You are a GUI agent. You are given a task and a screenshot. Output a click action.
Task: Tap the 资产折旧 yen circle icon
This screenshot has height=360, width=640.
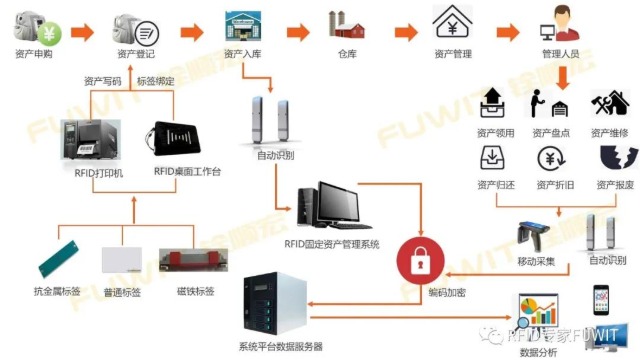pos(551,159)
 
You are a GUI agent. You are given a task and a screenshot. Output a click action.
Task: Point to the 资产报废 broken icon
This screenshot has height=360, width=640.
pos(611,158)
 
